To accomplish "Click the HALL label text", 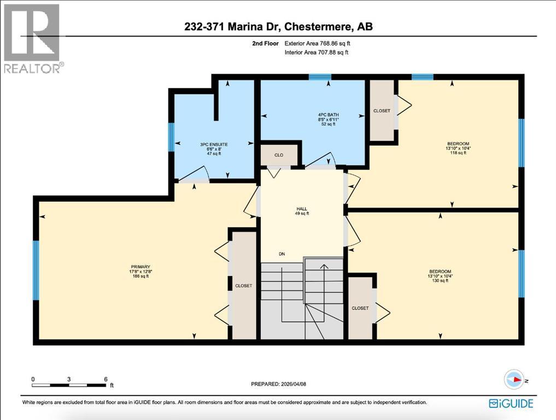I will [x=301, y=208].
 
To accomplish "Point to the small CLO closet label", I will [x=279, y=155].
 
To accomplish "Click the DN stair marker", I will [x=282, y=254].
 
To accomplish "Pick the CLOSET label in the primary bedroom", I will [x=243, y=285].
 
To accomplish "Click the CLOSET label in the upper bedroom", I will [x=382, y=111].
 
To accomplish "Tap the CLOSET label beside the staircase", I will [x=360, y=308].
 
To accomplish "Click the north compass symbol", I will [x=514, y=380].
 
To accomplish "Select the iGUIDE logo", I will [x=510, y=403].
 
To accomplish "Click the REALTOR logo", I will [x=33, y=38].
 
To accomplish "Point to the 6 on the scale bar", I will [x=105, y=379].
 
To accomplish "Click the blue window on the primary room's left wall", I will [x=36, y=270].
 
